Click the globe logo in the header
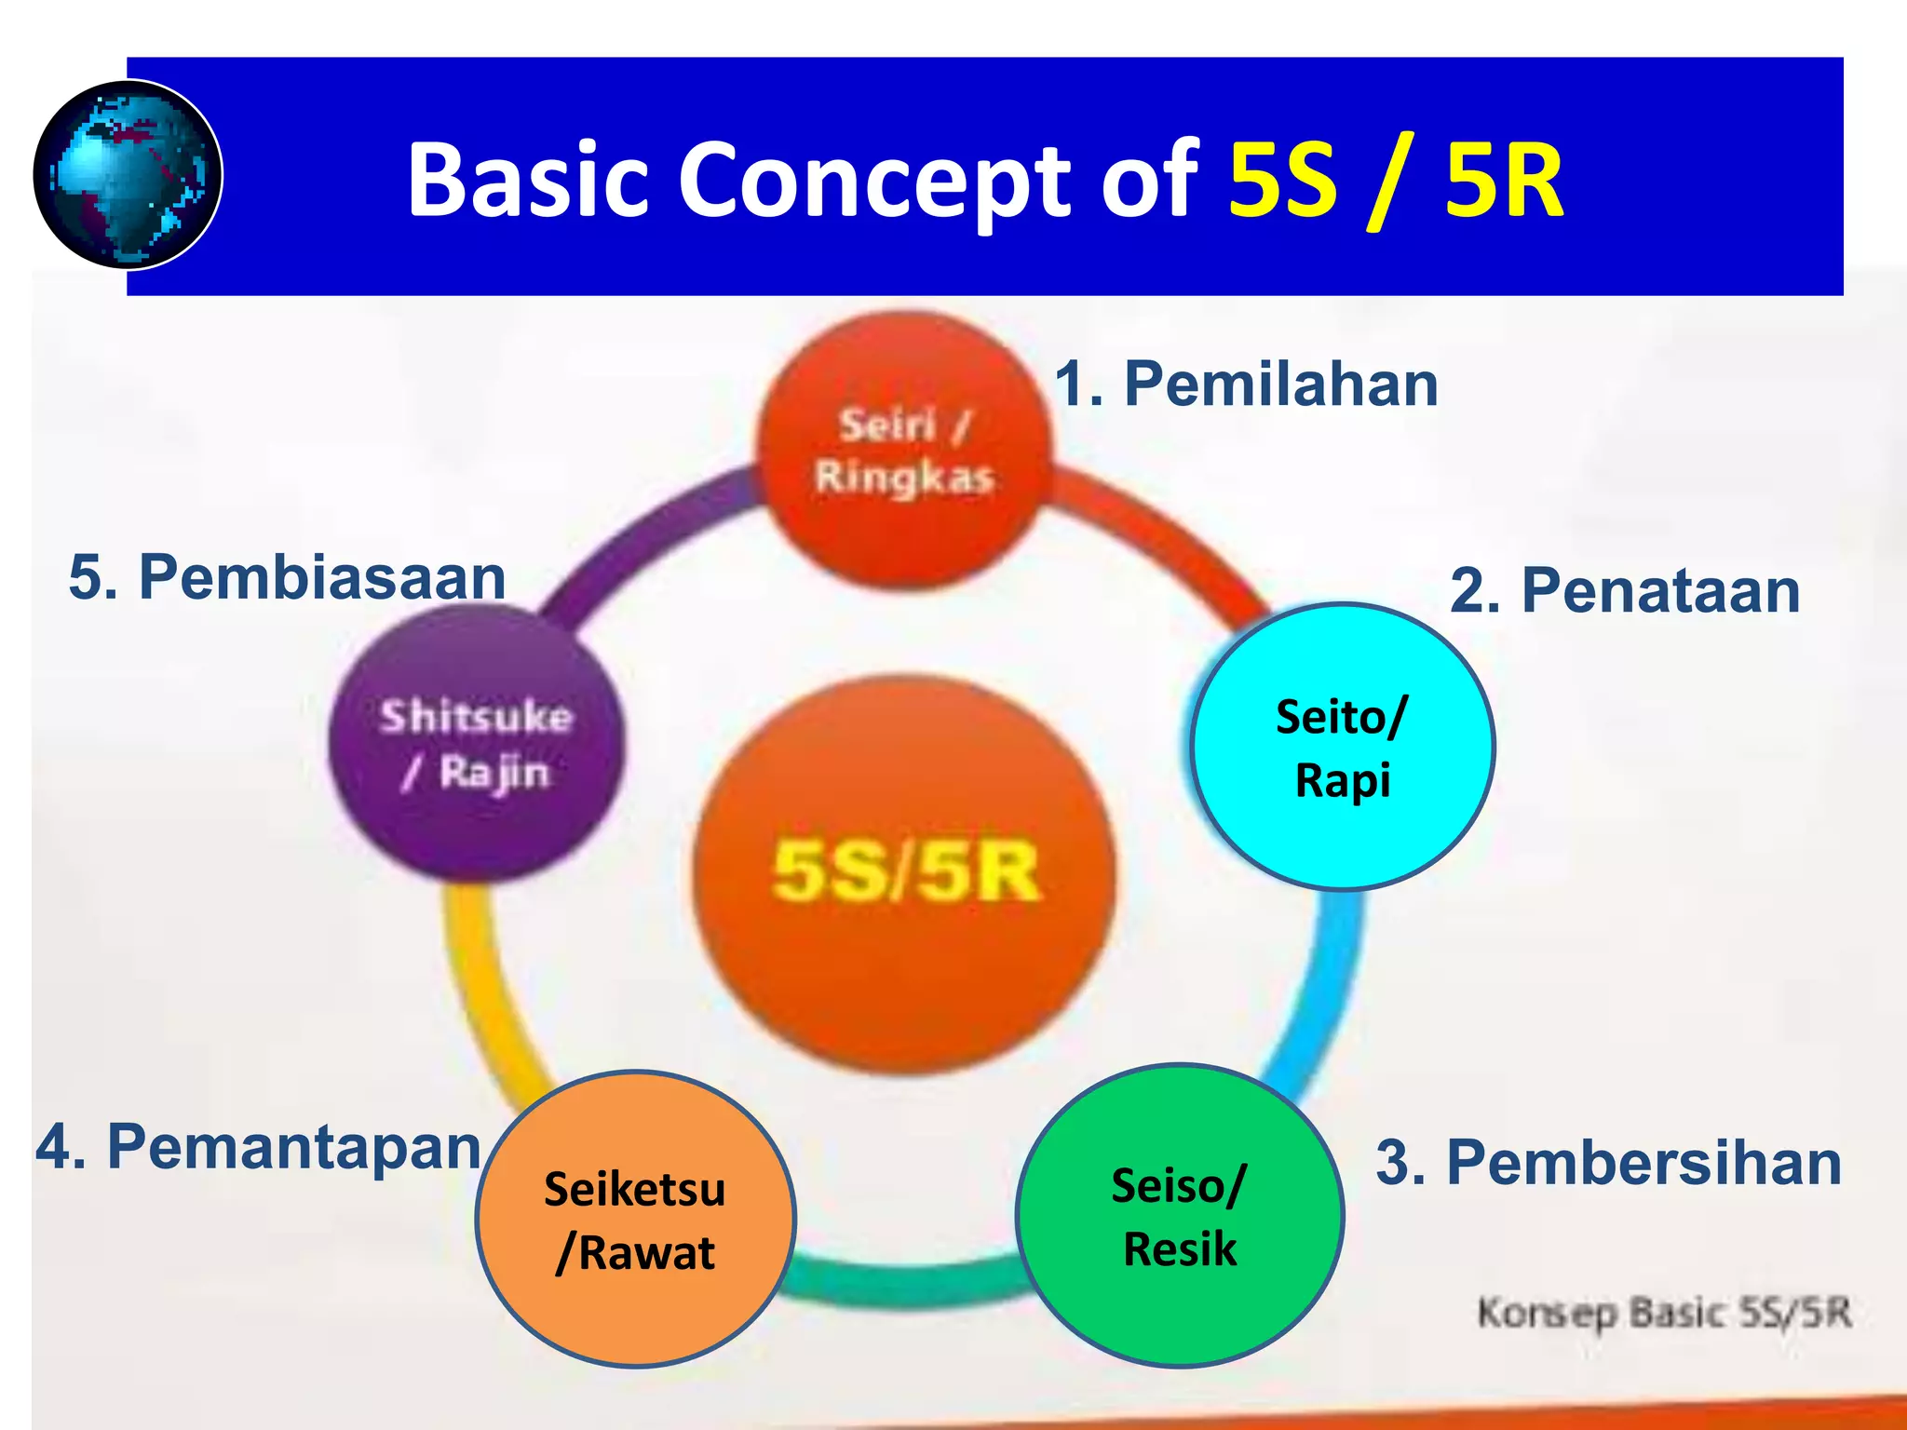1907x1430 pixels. (128, 175)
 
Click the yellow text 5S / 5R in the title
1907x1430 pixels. (1395, 179)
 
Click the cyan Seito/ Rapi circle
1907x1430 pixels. (1343, 748)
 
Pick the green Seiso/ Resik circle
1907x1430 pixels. (1179, 1216)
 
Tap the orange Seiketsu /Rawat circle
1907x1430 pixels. (635, 1220)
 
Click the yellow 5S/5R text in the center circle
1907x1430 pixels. (905, 872)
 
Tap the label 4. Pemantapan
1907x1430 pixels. (258, 1147)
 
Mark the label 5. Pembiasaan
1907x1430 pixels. (287, 577)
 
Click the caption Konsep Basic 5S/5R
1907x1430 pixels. (1663, 1313)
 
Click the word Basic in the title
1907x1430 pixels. (527, 179)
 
